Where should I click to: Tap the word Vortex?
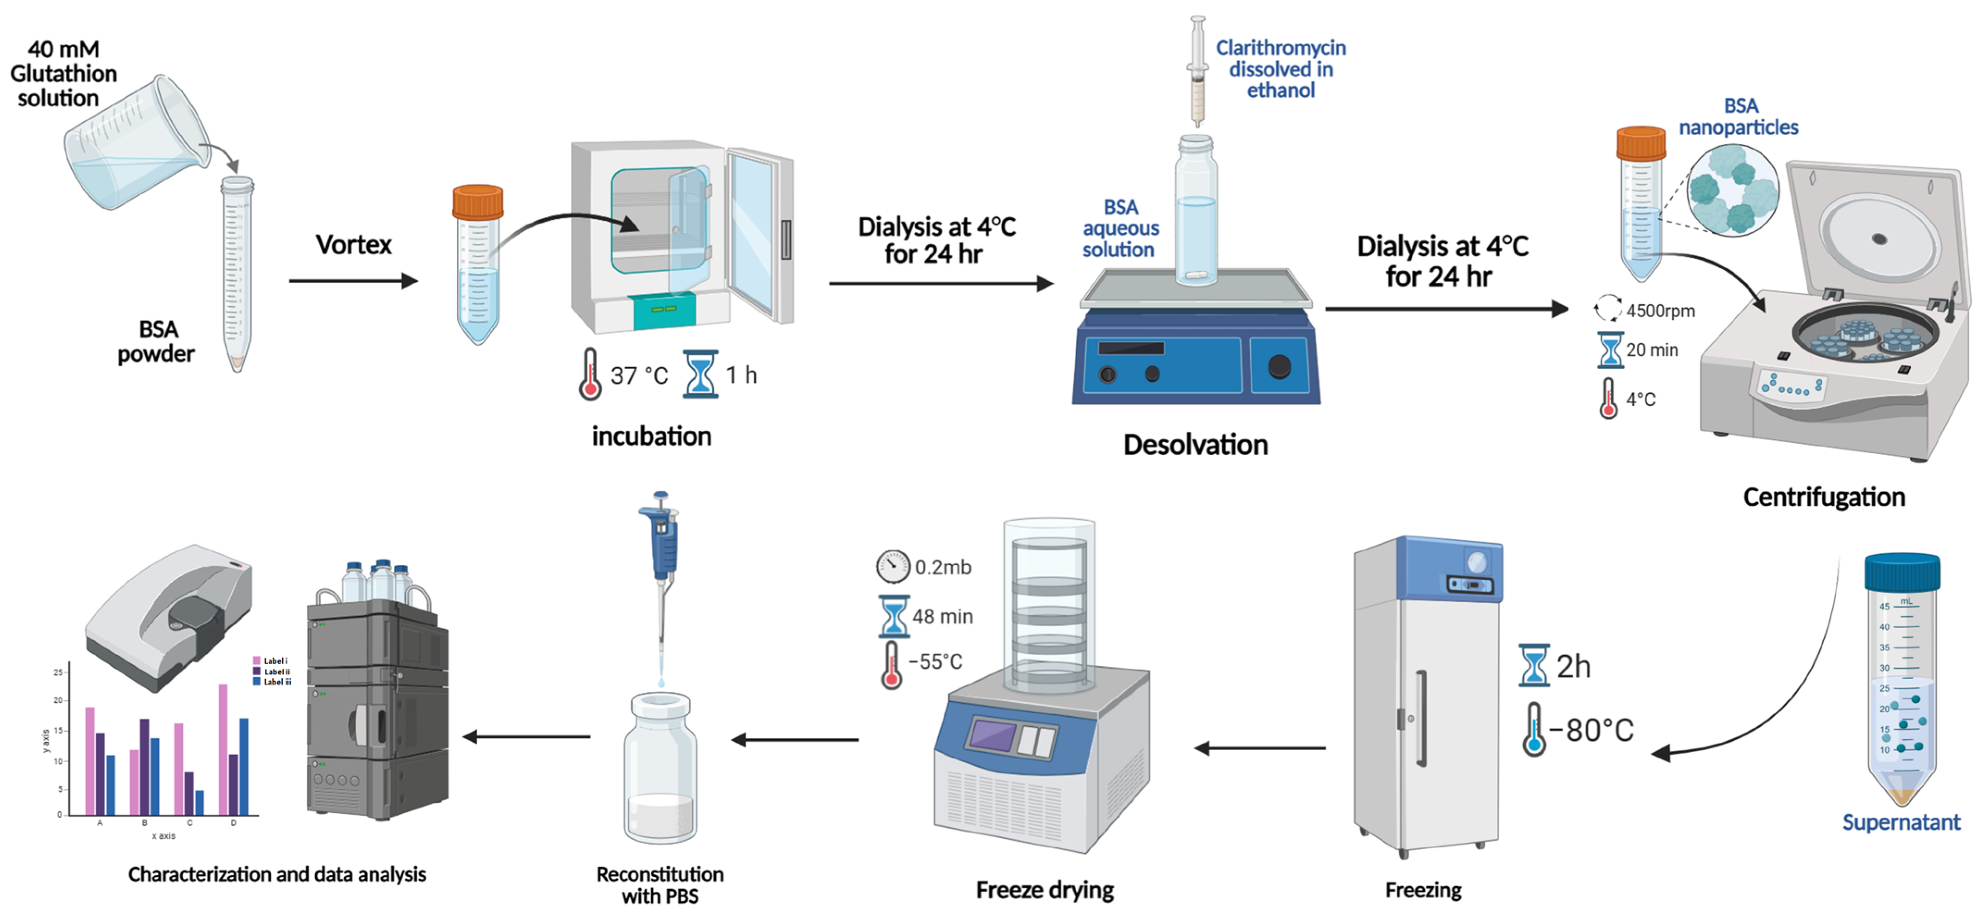pos(354,245)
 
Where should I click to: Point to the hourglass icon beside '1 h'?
pos(700,374)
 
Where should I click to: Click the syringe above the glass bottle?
pos(1197,73)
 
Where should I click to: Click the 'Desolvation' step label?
pos(1195,445)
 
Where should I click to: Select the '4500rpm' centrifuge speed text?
pos(1660,311)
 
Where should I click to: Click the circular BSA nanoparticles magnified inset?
pos(1732,191)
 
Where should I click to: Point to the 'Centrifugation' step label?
pos(1824,497)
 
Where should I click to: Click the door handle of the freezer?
pos(1421,718)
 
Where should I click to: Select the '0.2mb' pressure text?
pos(942,567)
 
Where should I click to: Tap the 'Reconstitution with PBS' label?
pos(660,885)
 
